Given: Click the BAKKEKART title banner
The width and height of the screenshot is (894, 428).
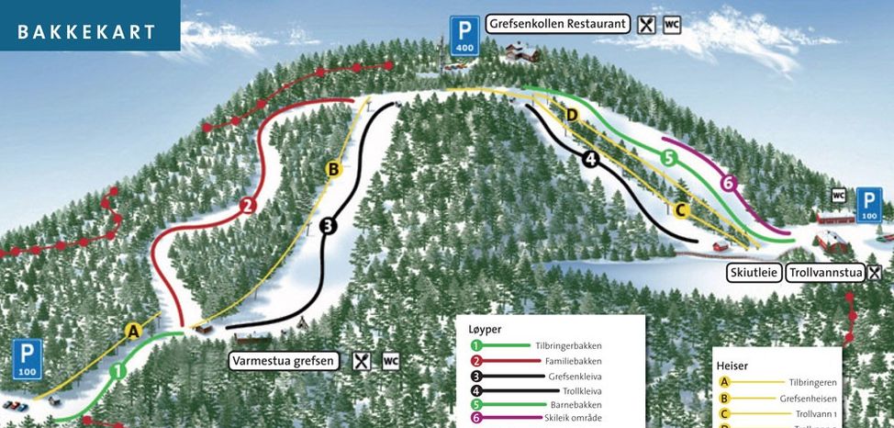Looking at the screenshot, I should (x=88, y=31).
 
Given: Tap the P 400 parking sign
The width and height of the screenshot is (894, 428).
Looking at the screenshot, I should (x=466, y=34).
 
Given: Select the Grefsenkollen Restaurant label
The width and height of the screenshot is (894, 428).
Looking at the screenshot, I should (x=557, y=24).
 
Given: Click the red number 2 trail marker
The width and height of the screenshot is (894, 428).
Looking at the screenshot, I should (x=246, y=206).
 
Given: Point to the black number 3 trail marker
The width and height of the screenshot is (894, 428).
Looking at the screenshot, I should (x=329, y=224).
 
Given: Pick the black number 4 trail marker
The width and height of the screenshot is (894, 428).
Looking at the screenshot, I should (x=591, y=159).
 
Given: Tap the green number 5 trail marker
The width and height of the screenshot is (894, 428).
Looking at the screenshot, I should (x=668, y=158).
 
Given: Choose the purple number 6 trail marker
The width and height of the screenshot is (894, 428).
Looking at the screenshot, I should (x=729, y=183).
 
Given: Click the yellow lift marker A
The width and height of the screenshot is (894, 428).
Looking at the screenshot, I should (x=134, y=331).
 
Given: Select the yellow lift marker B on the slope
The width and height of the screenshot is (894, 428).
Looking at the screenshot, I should (x=334, y=169).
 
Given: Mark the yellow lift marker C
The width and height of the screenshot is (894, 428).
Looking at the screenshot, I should (x=680, y=209).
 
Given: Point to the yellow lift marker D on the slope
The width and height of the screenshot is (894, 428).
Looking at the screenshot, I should (x=571, y=115).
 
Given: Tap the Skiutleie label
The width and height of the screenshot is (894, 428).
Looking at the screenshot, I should (x=754, y=273).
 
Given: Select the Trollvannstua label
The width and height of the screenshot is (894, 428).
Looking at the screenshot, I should (x=826, y=273).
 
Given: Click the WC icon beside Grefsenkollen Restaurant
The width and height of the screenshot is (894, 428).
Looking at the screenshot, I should (x=672, y=25).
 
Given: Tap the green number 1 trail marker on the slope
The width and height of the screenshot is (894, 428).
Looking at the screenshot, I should (x=117, y=372).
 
